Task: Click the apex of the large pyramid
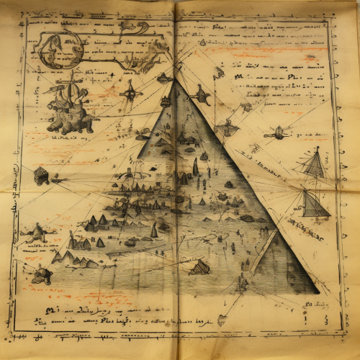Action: [174, 80]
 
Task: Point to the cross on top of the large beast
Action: [73, 76]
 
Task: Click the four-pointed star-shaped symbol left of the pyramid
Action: [130, 92]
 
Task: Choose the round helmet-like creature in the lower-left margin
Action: [42, 275]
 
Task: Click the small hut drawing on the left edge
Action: [42, 175]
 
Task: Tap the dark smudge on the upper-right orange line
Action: [311, 58]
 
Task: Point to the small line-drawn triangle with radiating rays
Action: [314, 164]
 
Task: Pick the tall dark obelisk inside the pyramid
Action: [195, 168]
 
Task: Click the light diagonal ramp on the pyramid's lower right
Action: [263, 252]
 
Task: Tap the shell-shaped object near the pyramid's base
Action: [199, 267]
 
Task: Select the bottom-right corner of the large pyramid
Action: [318, 292]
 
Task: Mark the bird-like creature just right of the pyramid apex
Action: [199, 94]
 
